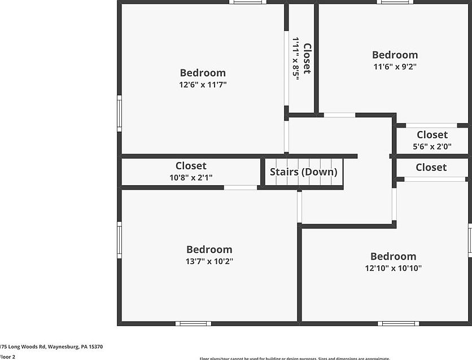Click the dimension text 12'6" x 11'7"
coord(203,85)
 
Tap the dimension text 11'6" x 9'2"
coord(395,66)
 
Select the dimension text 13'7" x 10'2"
coord(209,261)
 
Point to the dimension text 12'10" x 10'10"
coord(393,268)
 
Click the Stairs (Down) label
coord(303,172)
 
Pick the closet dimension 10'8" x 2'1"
coord(191,177)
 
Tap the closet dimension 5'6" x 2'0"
coord(432,146)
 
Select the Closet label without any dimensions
coord(431,168)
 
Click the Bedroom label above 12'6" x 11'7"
coord(203,73)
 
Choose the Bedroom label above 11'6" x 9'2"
coord(395,55)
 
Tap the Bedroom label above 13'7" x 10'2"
coord(209,249)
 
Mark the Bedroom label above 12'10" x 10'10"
coord(393,256)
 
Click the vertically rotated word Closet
coord(307,59)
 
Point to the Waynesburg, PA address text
coord(51,347)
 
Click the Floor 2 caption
coord(8,357)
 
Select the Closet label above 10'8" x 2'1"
coord(191,166)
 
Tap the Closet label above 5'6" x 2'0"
coord(432,135)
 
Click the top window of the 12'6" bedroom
coord(248,2)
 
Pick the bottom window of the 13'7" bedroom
coord(193,323)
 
